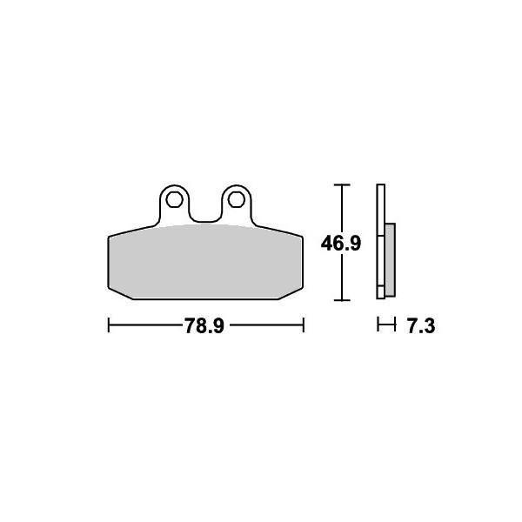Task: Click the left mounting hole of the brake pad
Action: tap(173, 199)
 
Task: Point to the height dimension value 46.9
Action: tap(340, 244)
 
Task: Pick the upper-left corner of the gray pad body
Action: tap(109, 238)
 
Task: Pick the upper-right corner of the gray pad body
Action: tap(301, 238)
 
